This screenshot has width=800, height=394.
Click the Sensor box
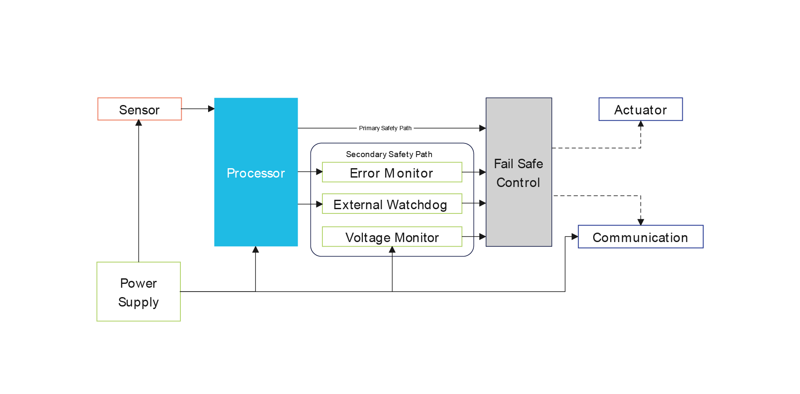[139, 109]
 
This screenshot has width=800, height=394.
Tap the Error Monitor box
[392, 172]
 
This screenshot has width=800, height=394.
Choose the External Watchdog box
[392, 204]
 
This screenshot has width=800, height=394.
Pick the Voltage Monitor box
[392, 237]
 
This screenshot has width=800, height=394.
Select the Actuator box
[641, 109]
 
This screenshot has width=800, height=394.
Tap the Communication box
[641, 237]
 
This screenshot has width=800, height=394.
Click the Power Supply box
[139, 292]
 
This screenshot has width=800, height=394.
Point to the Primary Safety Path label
[385, 128]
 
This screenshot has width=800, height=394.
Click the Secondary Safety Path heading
[389, 154]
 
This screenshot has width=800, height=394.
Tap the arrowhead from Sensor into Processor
[211, 109]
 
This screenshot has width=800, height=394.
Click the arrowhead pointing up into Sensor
[139, 123]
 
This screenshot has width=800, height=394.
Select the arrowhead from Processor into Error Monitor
[319, 172]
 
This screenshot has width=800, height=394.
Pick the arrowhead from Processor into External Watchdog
[319, 204]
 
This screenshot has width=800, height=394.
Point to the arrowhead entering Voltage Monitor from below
[392, 250]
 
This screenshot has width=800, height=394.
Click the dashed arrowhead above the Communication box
[641, 222]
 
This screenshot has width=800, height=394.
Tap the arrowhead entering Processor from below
[255, 250]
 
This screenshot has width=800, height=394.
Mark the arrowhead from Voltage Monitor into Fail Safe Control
[483, 236]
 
